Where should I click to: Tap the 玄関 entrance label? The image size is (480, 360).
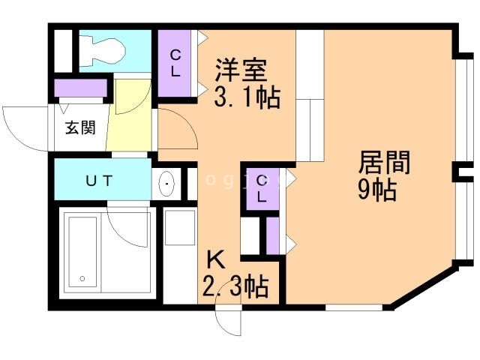[79, 127]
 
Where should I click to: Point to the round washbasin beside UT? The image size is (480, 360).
[166, 182]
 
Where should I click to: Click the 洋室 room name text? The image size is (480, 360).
[241, 71]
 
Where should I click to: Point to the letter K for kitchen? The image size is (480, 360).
[214, 260]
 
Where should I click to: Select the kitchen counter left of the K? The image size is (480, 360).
[180, 255]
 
